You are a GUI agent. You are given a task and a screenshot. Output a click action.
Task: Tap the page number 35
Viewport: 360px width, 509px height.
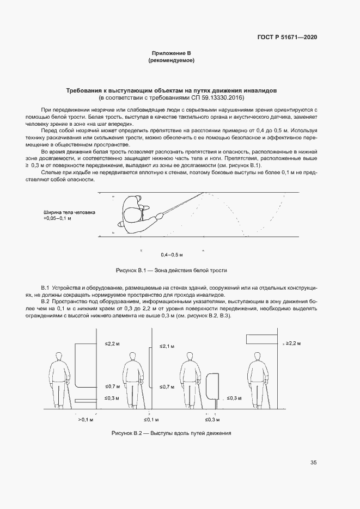313,463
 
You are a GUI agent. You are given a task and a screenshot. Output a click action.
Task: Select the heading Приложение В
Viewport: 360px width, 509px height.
172,53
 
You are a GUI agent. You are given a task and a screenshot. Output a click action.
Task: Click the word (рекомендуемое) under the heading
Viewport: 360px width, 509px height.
172,60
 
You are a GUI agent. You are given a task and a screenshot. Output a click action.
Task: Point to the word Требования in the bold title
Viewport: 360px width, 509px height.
83,90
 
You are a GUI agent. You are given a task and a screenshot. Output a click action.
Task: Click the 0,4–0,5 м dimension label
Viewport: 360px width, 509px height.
172,254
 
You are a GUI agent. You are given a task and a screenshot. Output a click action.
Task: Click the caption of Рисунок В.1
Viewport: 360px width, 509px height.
172,270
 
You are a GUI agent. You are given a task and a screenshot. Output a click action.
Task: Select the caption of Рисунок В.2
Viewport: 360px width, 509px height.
172,433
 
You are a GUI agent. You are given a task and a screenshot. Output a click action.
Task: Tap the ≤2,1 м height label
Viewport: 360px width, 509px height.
167,346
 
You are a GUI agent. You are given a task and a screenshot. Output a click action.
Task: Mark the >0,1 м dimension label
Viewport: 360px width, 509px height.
86,420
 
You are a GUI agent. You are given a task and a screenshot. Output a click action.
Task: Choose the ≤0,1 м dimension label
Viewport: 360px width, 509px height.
151,420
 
